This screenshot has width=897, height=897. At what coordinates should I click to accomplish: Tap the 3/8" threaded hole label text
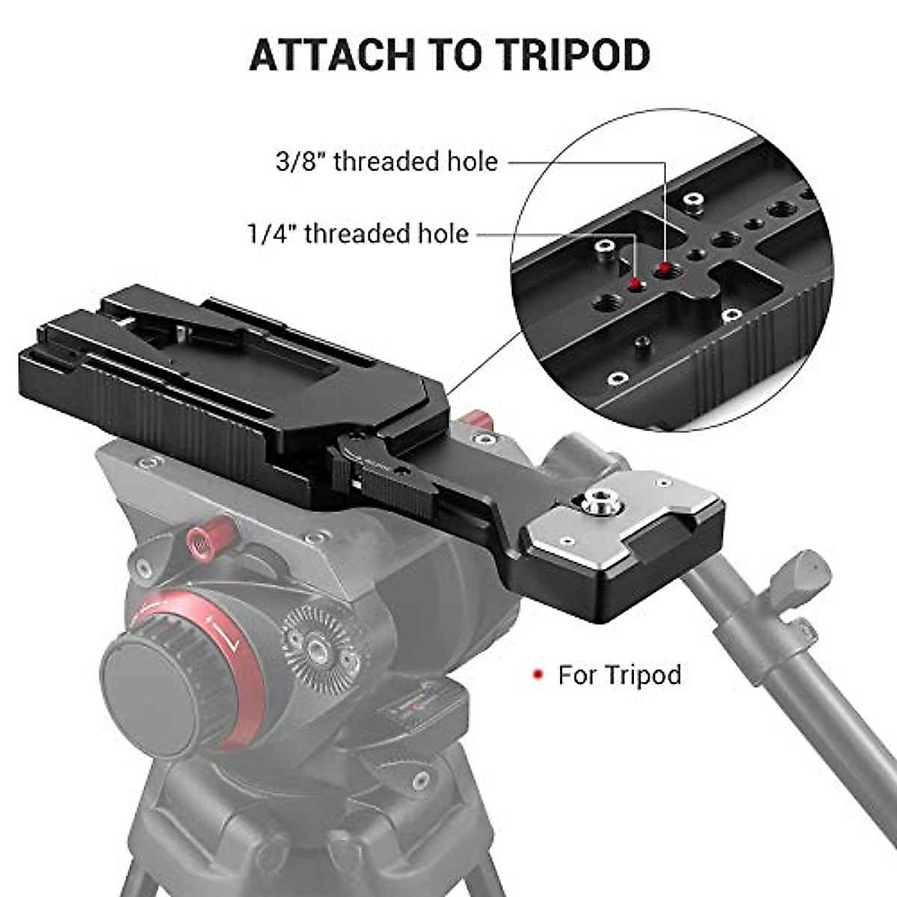point(386,161)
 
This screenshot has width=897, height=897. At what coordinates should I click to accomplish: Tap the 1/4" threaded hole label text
point(358,234)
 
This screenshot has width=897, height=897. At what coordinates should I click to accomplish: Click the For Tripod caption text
point(620,675)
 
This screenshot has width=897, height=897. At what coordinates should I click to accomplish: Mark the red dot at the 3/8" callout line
point(664,268)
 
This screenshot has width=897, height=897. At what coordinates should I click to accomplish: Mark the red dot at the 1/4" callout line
point(635,284)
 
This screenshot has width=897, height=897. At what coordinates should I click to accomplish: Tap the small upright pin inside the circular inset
point(641,345)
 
